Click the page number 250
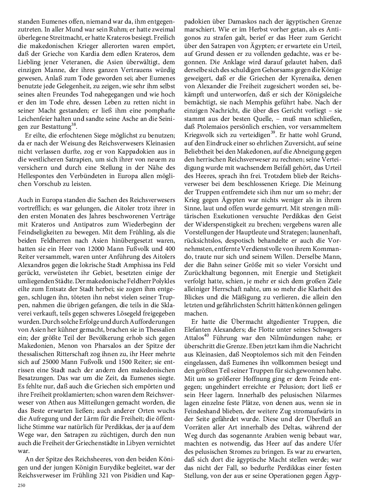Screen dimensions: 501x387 click(x=22, y=486)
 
